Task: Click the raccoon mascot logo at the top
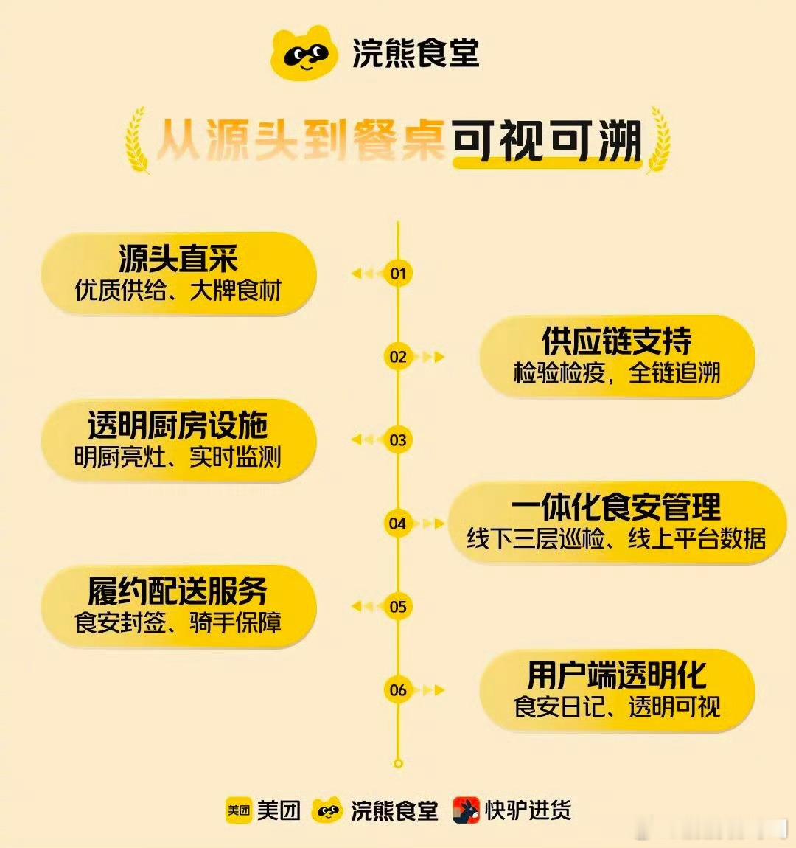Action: [304, 53]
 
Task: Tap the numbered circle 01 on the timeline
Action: [398, 273]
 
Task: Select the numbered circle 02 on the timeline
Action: [398, 357]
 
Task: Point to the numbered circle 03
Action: [398, 440]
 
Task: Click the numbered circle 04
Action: [398, 524]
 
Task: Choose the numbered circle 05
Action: [398, 607]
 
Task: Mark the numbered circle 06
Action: [398, 690]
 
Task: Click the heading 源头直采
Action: [178, 259]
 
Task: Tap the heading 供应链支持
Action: [617, 341]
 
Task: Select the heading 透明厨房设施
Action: [178, 425]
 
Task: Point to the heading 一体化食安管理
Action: [617, 507]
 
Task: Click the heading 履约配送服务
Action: [178, 591]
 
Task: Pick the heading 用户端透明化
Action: [617, 675]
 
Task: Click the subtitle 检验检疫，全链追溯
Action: [617, 372]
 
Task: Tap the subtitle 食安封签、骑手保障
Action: [178, 622]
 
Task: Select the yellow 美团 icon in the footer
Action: [238, 810]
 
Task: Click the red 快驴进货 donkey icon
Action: [467, 810]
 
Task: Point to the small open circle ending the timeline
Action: [398, 764]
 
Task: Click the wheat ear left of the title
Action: [137, 140]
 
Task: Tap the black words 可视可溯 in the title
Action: [547, 141]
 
